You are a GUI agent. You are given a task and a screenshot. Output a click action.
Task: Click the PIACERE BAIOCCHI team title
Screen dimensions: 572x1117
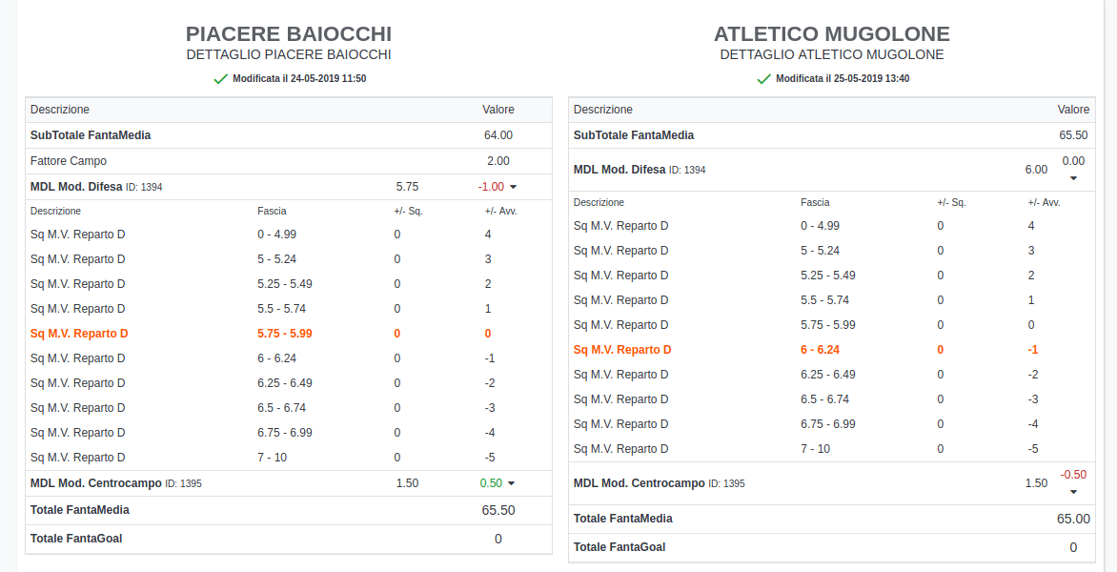[x=289, y=34]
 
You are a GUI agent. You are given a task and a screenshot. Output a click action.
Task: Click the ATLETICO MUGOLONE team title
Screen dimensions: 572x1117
[x=832, y=34]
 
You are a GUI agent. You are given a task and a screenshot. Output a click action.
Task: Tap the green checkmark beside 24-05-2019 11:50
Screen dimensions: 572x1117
[x=221, y=79]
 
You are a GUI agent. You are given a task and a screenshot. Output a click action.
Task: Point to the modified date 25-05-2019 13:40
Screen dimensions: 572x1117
[x=842, y=79]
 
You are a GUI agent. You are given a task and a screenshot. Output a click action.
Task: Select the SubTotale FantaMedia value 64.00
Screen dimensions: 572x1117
[x=498, y=135]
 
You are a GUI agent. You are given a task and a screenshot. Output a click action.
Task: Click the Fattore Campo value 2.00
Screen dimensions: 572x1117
[x=498, y=161]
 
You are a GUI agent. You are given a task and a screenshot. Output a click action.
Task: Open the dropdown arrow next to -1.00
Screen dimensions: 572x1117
[x=513, y=188]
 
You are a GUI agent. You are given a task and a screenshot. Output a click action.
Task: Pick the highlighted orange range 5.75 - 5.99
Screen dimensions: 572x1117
[x=285, y=334]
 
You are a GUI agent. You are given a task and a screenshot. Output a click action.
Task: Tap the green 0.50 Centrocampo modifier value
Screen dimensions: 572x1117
[x=491, y=483]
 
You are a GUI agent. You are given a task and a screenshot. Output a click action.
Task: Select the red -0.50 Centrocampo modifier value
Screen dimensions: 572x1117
[x=1073, y=475]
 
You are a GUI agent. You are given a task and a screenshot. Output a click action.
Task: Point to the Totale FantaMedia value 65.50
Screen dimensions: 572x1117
[x=498, y=510]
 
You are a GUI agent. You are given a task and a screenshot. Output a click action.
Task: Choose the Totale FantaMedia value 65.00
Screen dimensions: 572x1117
[x=1073, y=519]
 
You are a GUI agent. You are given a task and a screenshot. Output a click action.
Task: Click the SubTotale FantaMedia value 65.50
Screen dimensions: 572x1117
[x=1073, y=135]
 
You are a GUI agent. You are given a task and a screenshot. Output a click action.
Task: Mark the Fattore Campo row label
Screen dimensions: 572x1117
[x=69, y=161]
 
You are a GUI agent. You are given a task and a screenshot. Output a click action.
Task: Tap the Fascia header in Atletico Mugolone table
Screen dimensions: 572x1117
[x=814, y=202]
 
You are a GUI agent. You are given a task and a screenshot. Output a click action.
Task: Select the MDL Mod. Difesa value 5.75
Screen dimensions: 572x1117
[x=407, y=187]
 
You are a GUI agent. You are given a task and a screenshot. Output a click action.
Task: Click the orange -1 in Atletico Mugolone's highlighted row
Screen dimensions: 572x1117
[x=1032, y=350]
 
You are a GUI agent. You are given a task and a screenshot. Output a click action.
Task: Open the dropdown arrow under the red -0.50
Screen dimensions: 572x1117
[x=1073, y=492]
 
